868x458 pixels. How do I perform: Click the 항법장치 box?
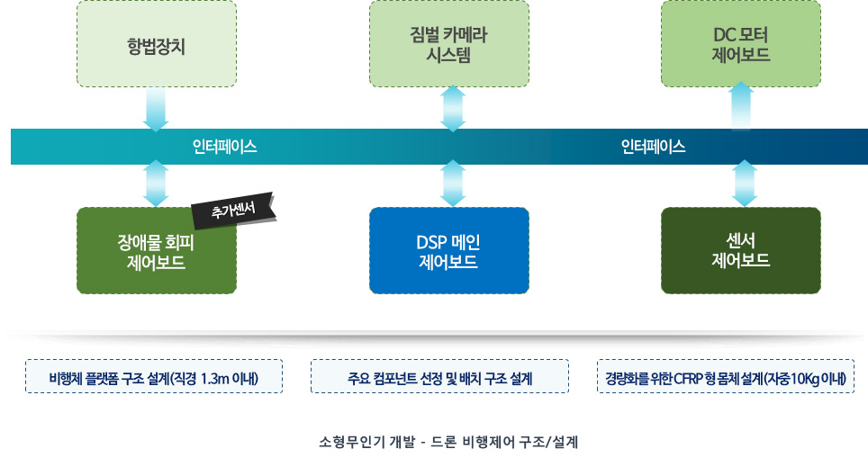[x=157, y=44]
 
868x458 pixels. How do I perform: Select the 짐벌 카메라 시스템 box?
[x=448, y=44]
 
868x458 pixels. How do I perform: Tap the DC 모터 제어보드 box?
[x=740, y=44]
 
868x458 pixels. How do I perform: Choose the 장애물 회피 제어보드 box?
[x=157, y=252]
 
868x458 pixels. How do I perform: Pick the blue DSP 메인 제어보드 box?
[x=448, y=251]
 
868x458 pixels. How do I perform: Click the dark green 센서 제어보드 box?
[x=740, y=251]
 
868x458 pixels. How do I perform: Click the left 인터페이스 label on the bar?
[x=225, y=146]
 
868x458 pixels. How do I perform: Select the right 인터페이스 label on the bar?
[x=653, y=146]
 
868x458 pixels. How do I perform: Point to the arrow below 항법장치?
[x=157, y=109]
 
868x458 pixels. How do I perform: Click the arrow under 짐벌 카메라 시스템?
[x=453, y=108]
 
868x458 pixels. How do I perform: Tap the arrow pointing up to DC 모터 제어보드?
[x=741, y=106]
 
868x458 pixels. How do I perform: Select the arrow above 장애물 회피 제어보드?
[x=157, y=184]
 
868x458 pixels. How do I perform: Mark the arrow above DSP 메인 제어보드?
[x=453, y=184]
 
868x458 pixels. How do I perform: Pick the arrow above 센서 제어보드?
[x=744, y=184]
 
